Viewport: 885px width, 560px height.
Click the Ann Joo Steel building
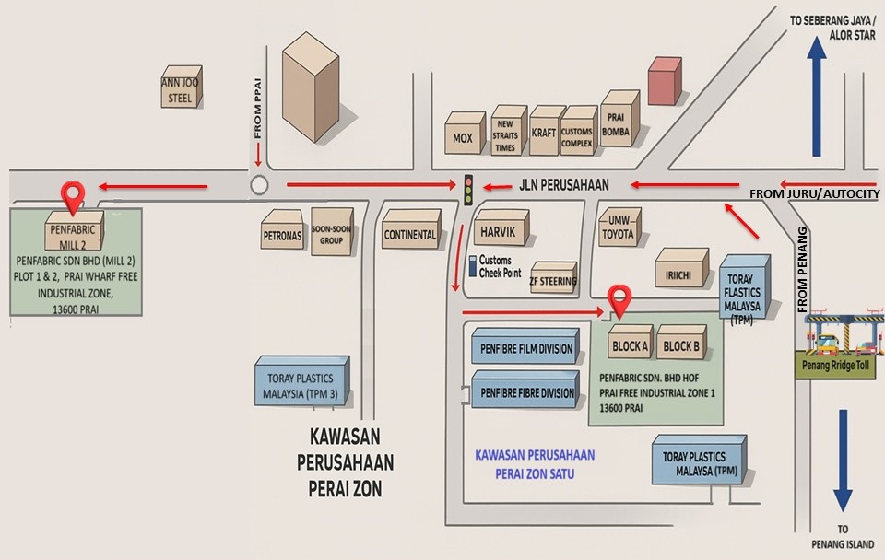181,88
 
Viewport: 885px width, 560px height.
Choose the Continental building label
410,234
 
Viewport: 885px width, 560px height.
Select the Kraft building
544,132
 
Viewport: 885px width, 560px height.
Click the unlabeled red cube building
665,81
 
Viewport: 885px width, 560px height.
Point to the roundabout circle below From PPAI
259,186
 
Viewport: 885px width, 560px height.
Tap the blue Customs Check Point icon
472,267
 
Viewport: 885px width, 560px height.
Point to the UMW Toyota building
618,228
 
